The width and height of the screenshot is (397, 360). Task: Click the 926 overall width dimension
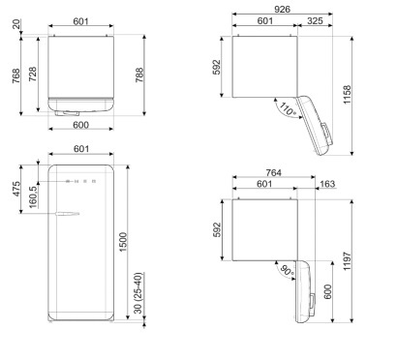coord(282,9)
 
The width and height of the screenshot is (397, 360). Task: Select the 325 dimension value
coord(315,21)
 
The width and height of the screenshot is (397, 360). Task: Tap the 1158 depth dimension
coord(347,95)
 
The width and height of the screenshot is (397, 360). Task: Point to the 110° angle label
coord(287,109)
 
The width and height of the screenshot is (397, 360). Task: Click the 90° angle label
coord(287,270)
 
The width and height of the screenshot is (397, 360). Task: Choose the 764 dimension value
coord(274,172)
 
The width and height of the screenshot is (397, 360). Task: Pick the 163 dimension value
coord(327,184)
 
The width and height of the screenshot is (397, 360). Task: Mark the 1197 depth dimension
coord(347,261)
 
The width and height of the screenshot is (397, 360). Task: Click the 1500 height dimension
coord(123,242)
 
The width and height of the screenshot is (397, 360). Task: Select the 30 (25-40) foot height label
coord(138,293)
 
